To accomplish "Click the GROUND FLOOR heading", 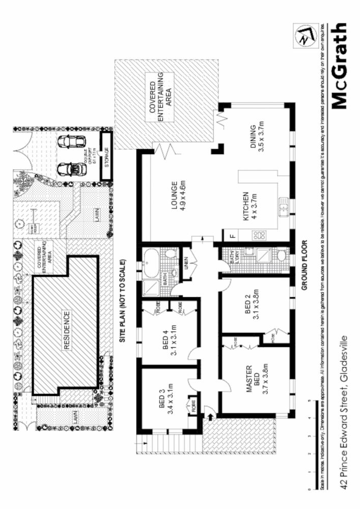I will [304, 264].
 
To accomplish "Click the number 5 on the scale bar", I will [309, 401].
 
